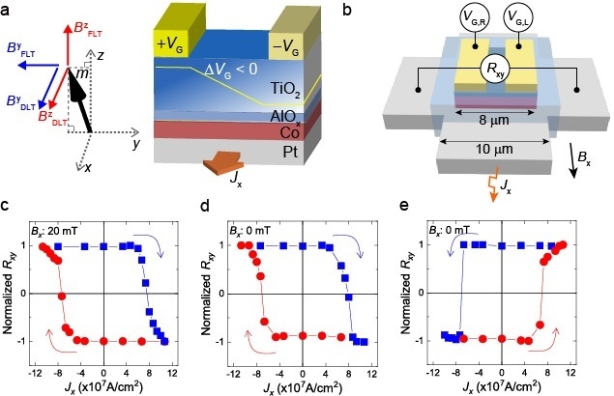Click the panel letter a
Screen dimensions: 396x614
(x=7, y=9)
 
